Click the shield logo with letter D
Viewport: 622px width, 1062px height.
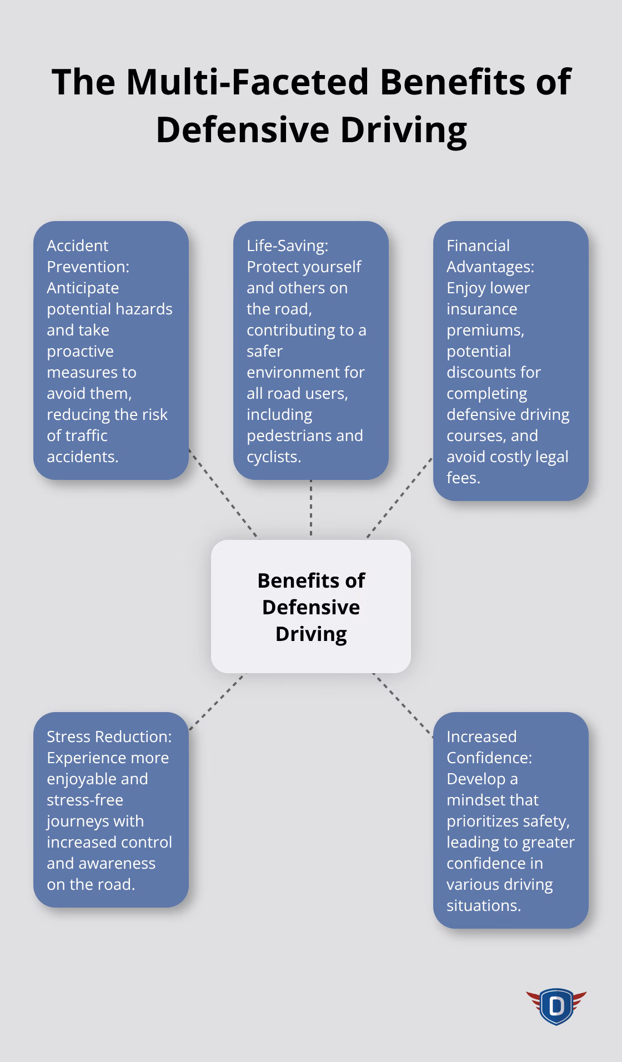[x=556, y=1006]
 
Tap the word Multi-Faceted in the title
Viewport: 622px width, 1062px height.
[x=248, y=82]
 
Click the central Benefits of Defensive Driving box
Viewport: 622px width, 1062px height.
[x=311, y=607]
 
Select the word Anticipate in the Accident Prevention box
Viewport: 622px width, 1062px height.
[x=83, y=288]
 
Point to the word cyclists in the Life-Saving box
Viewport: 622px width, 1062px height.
[x=273, y=457]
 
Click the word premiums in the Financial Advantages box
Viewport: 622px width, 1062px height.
[x=485, y=330]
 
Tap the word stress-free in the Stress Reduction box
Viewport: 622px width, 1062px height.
[x=85, y=800]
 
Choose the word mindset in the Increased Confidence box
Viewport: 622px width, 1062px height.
[x=493, y=800]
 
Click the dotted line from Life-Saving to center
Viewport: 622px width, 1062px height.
[x=311, y=508]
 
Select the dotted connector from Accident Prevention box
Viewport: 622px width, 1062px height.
[x=224, y=494]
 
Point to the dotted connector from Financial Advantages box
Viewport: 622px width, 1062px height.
[x=399, y=498]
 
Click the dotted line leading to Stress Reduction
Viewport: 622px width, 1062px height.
[x=217, y=702]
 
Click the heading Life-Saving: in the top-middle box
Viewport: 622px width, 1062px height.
[x=288, y=246]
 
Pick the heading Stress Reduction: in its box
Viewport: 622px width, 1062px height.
[x=109, y=737]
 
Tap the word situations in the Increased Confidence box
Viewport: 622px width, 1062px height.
[x=484, y=905]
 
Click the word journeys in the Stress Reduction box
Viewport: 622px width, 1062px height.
[x=95, y=821]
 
